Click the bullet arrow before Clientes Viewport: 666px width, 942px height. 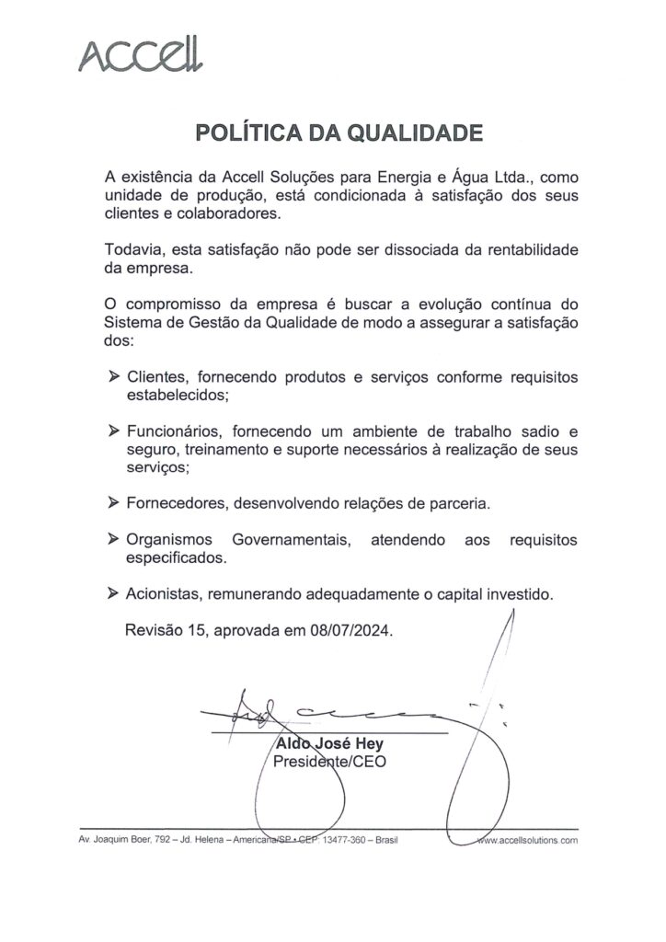[x=114, y=377]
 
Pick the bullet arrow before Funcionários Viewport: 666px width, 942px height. [x=114, y=431]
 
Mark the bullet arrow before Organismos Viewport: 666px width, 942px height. [x=114, y=540]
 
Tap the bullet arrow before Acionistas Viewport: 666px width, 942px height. [x=114, y=594]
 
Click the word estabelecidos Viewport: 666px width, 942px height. [x=176, y=395]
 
